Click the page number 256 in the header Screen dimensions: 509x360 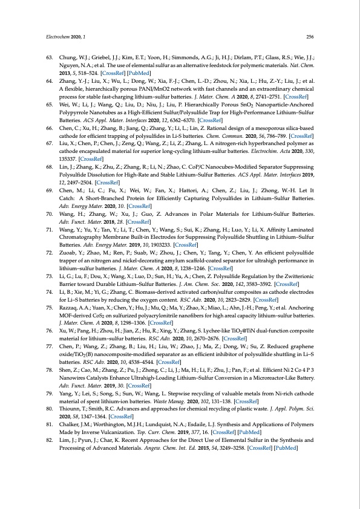coord(309,36)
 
